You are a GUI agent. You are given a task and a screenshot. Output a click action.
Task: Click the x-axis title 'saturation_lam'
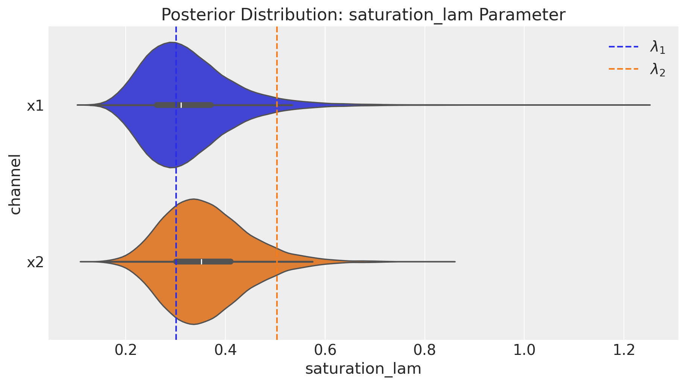pyautogui.click(x=363, y=369)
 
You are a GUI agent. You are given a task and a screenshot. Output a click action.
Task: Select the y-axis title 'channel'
pyautogui.click(x=15, y=184)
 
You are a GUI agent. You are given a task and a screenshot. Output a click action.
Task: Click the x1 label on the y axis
pyautogui.click(x=35, y=106)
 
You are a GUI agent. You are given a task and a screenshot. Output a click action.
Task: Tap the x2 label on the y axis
pyautogui.click(x=35, y=262)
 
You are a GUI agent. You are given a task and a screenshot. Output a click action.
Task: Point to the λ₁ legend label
pyautogui.click(x=657, y=48)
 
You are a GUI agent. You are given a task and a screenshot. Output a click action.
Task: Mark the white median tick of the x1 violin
pyautogui.click(x=181, y=105)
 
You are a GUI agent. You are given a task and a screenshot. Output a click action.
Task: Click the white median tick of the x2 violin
pyautogui.click(x=201, y=262)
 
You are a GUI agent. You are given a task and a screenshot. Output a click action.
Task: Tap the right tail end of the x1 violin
pyautogui.click(x=649, y=105)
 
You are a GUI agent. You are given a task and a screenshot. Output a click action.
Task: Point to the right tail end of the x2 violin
pyautogui.click(x=455, y=262)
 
